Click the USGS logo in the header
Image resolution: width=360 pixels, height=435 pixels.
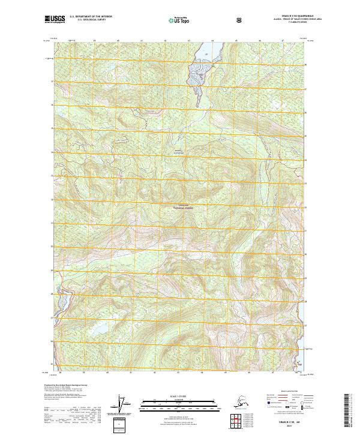(55, 20)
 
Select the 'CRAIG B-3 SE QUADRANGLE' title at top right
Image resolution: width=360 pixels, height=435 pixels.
(288, 16)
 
